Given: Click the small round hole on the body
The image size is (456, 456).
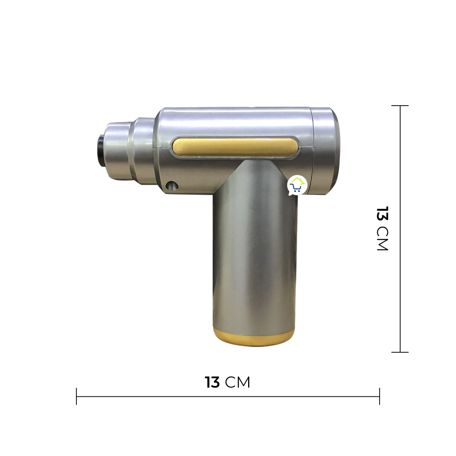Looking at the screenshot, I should (x=172, y=185).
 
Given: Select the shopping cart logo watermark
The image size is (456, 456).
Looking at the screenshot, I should (x=297, y=185).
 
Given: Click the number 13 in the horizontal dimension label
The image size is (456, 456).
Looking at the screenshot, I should (x=212, y=382).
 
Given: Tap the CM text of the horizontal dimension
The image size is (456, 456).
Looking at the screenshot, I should (x=238, y=382).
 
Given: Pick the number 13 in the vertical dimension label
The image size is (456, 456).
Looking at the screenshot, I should (x=382, y=214).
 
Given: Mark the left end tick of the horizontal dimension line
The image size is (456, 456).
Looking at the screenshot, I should (x=76, y=396).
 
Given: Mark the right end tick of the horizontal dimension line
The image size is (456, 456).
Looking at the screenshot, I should (x=379, y=396).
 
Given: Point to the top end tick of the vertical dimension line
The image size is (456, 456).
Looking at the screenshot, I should (x=400, y=106).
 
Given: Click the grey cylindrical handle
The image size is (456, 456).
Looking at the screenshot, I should (x=253, y=258).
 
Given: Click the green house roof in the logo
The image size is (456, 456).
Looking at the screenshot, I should (x=297, y=180).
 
